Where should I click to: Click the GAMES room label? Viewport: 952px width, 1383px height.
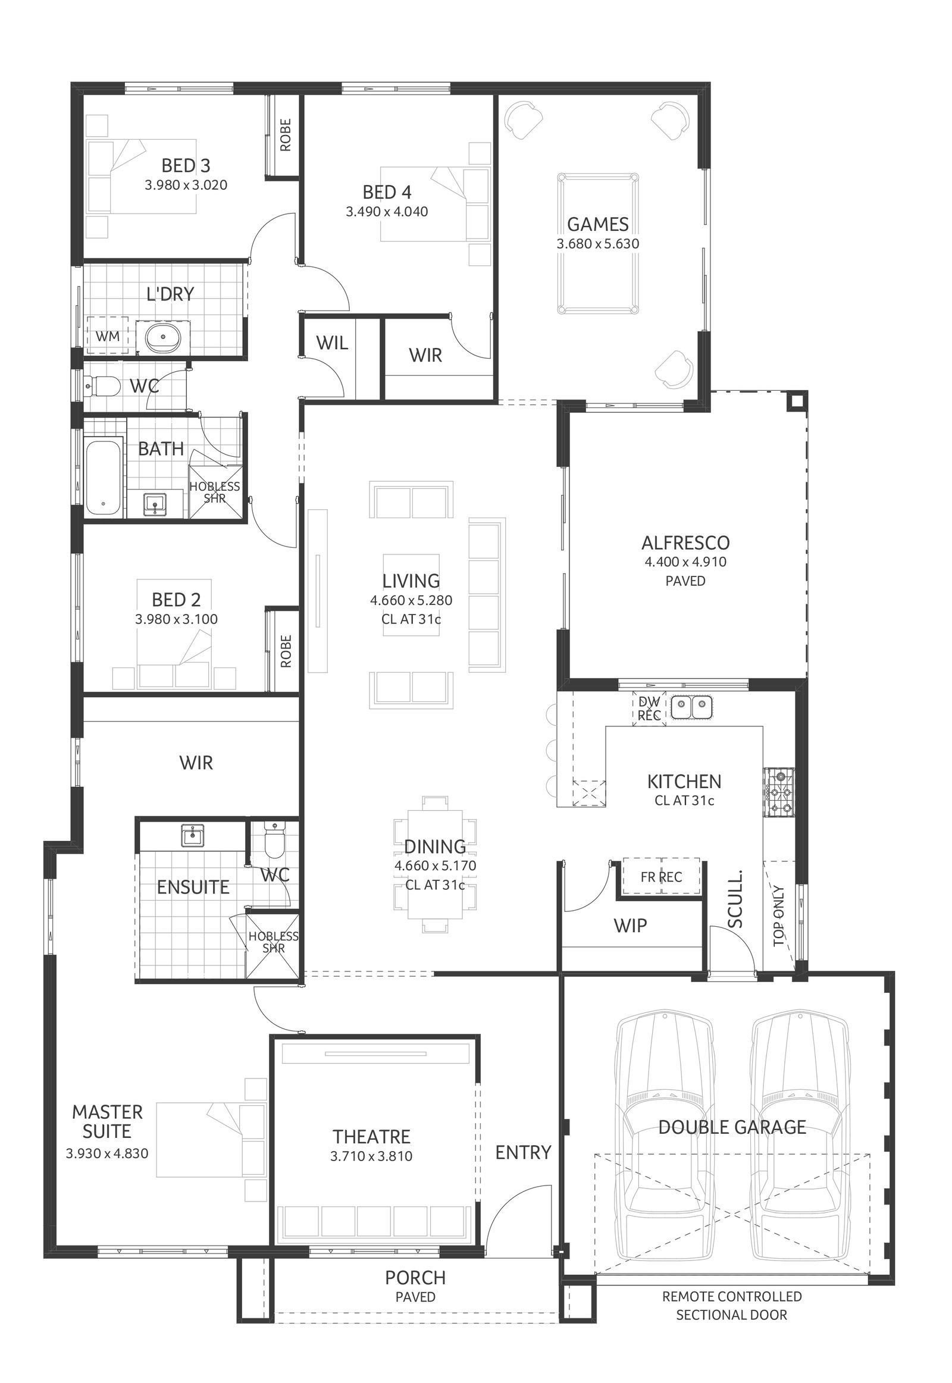[597, 224]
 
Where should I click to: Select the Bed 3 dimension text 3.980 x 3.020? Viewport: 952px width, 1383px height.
[186, 185]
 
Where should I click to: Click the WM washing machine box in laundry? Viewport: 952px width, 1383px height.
[108, 336]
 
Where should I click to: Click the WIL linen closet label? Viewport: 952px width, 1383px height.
[331, 343]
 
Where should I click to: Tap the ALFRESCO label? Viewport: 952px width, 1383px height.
[685, 542]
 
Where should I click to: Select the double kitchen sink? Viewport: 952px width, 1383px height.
[691, 708]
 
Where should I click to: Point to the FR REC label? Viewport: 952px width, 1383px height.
[661, 877]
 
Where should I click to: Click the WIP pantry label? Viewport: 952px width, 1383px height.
[630, 925]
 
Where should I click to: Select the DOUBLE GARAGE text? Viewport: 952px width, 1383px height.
[732, 1127]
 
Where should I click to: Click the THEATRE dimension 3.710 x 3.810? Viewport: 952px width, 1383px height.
[371, 1156]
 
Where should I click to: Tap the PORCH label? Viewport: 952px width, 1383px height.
[415, 1278]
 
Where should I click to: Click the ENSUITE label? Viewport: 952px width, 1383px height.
[193, 887]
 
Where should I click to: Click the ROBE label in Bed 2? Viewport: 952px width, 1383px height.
[285, 651]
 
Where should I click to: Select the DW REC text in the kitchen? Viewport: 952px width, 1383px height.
[649, 708]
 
